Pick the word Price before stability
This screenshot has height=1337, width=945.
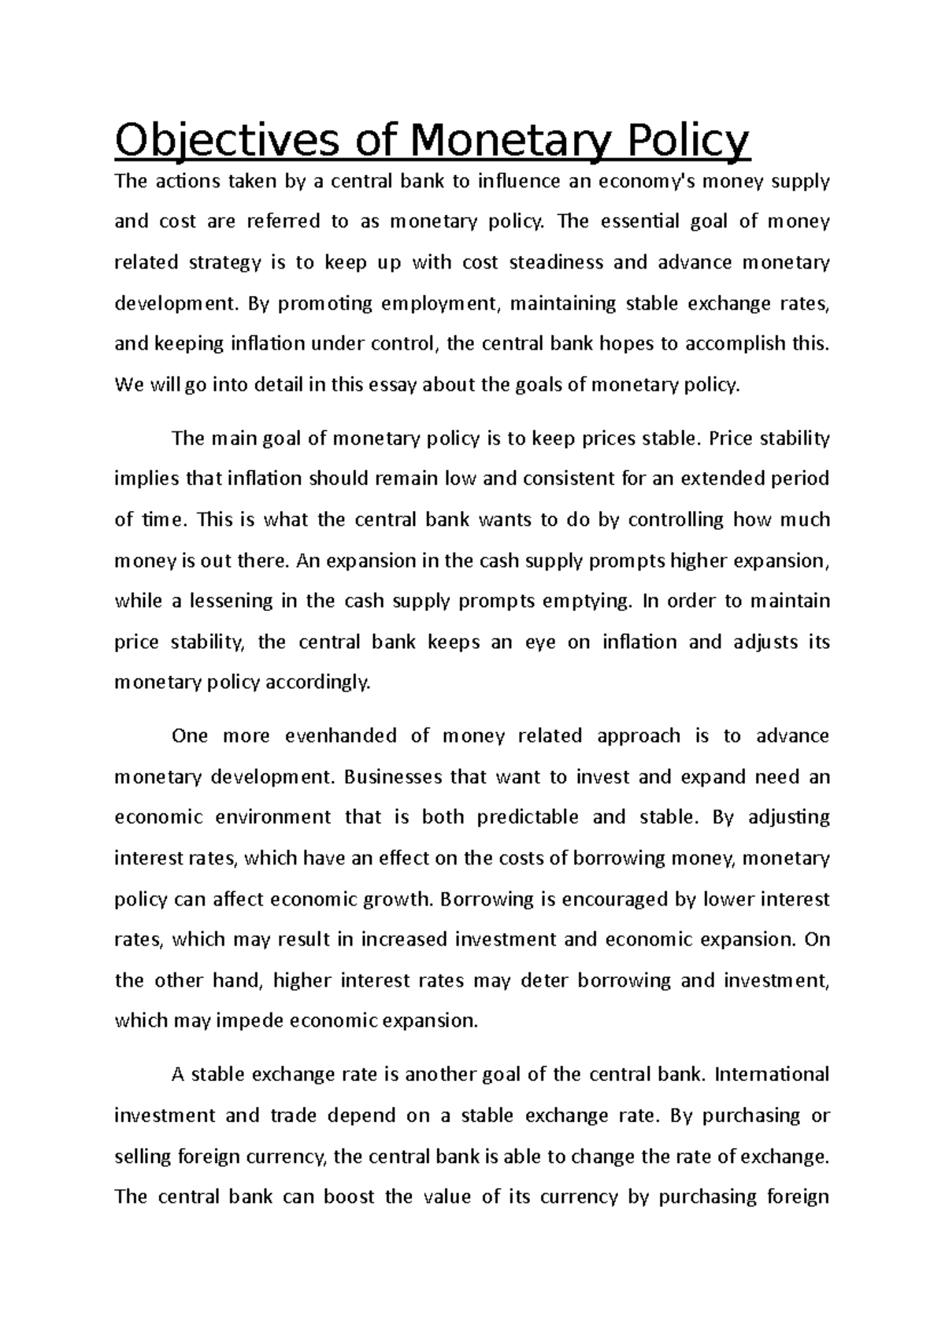[x=731, y=439]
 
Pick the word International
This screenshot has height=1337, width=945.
[x=772, y=1075]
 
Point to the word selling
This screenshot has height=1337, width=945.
[x=143, y=1157]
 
